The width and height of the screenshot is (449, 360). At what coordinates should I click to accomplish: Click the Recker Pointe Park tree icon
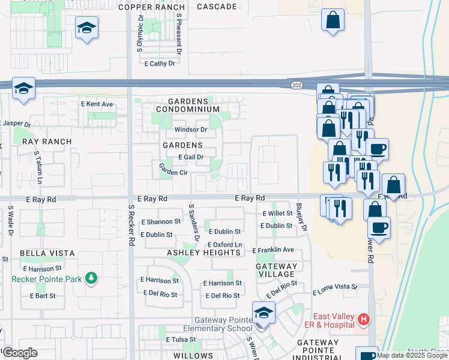pyautogui.click(x=91, y=278)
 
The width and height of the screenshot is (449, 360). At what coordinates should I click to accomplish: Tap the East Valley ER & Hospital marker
pyautogui.click(x=363, y=319)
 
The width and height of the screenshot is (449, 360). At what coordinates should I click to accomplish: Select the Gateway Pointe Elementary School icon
pyautogui.click(x=262, y=313)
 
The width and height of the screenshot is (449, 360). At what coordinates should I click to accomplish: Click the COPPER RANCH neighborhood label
pyautogui.click(x=152, y=7)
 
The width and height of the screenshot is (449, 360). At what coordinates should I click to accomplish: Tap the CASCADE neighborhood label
pyautogui.click(x=217, y=7)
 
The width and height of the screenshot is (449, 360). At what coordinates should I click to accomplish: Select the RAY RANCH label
pyautogui.click(x=47, y=142)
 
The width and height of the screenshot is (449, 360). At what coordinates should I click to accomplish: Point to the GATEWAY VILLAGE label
pyautogui.click(x=277, y=270)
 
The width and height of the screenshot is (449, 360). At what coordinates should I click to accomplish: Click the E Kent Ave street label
pyautogui.click(x=97, y=104)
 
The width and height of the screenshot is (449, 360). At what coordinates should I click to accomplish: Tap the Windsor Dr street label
pyautogui.click(x=190, y=130)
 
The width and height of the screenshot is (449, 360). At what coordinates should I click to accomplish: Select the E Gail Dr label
pyautogui.click(x=191, y=157)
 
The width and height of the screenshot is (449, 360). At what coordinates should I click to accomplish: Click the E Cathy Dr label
pyautogui.click(x=159, y=63)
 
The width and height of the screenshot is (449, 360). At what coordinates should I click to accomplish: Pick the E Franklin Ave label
pyautogui.click(x=273, y=250)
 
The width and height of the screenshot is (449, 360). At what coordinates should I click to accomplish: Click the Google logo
pyautogui.click(x=19, y=353)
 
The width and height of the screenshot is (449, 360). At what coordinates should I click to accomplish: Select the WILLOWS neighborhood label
pyautogui.click(x=193, y=356)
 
